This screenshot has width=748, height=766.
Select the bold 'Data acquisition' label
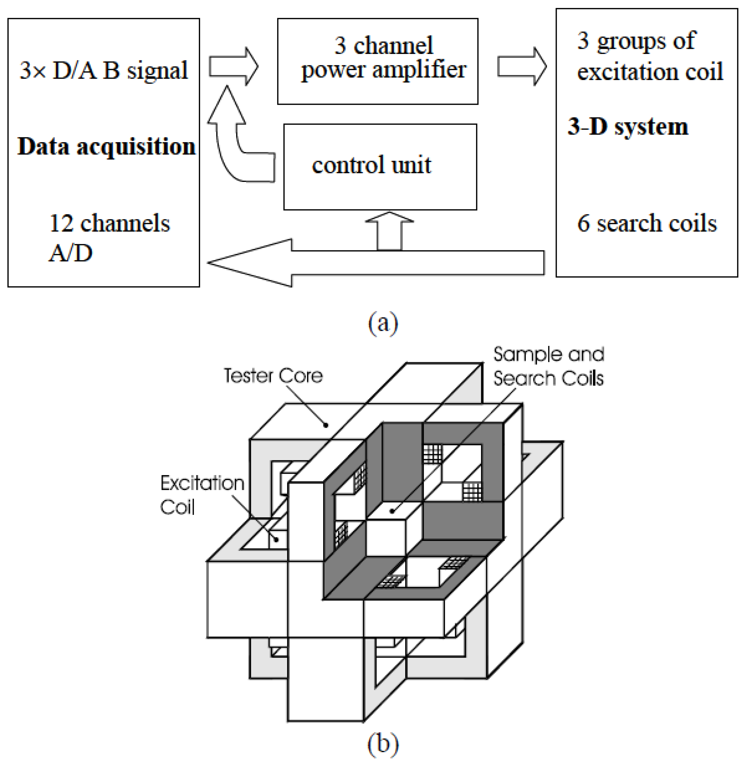point(106,146)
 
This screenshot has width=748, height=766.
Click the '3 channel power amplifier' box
point(377,61)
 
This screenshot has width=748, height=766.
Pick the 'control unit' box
point(380,167)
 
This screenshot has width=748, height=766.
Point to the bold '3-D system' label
point(628,127)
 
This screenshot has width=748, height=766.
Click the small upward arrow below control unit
point(389,232)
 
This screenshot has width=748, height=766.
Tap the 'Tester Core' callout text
point(273,375)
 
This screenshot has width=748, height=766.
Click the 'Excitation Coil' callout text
point(202,495)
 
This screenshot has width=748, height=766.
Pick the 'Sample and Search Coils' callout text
point(549,366)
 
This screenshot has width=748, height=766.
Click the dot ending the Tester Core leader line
point(326,425)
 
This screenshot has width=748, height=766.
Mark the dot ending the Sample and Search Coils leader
point(392,511)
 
